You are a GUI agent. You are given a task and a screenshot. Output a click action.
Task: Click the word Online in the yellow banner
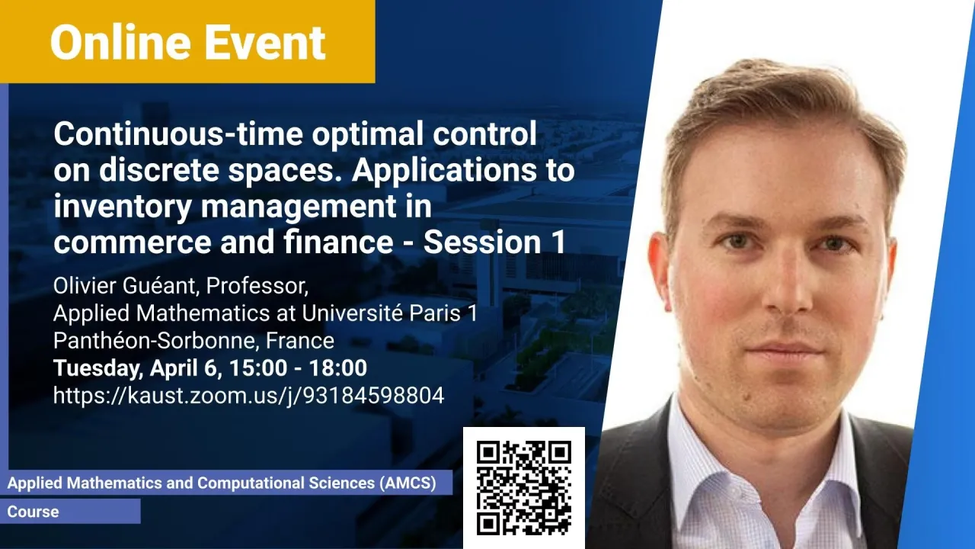(120, 42)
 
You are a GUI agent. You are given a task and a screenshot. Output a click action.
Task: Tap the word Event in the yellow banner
(265, 42)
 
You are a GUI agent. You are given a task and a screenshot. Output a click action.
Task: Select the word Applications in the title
(444, 171)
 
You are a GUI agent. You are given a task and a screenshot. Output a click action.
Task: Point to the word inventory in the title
(123, 207)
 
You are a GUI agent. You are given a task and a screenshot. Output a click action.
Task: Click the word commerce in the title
(133, 242)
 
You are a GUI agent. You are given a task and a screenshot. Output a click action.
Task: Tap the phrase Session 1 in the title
(494, 242)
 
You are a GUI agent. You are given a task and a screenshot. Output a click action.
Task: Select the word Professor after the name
(257, 287)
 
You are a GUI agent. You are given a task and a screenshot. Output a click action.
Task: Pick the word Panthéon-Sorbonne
(154, 340)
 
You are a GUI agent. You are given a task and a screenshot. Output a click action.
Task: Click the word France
(300, 340)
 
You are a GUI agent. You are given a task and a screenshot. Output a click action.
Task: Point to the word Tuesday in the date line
(98, 368)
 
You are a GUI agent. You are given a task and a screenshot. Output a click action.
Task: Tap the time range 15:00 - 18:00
(298, 368)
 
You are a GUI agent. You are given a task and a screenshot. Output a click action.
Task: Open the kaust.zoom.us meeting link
(248, 396)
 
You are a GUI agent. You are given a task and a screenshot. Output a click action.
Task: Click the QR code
(523, 487)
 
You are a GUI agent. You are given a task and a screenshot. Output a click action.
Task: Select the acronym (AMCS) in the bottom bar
(408, 483)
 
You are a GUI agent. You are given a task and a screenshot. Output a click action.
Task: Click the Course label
(33, 512)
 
